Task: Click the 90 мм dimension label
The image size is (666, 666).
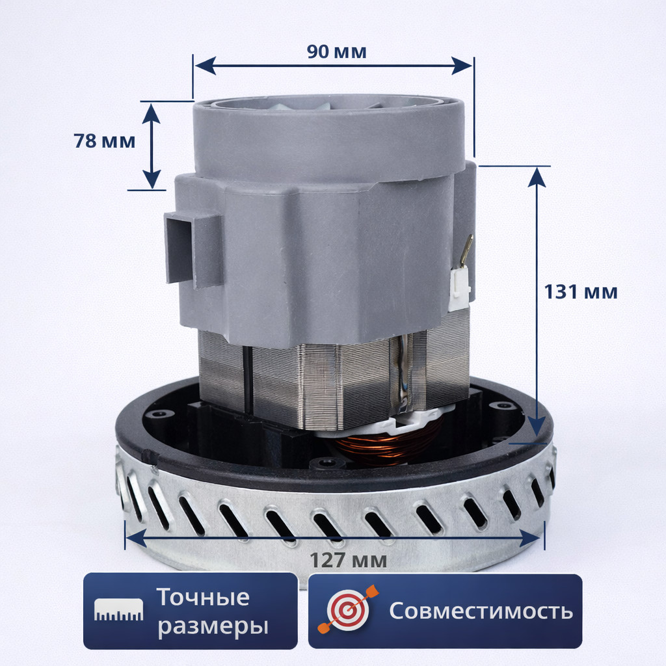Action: (x=336, y=52)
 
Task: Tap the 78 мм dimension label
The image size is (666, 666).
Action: (x=105, y=140)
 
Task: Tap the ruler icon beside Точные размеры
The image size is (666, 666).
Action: (x=119, y=609)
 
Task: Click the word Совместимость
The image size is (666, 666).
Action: (x=481, y=611)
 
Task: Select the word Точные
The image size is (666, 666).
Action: (x=204, y=597)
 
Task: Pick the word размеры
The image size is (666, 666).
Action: (x=213, y=626)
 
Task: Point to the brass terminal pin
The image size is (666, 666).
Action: (x=466, y=250)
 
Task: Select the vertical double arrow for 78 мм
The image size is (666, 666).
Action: (x=151, y=146)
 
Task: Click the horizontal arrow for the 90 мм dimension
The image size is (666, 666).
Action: (x=333, y=65)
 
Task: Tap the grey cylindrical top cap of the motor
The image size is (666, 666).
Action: (x=329, y=137)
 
